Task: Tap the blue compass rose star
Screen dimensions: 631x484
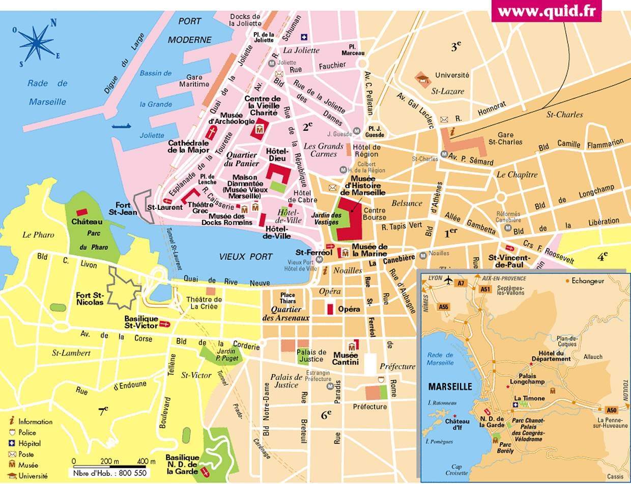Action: tap(37, 43)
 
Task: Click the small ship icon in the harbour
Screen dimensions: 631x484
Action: tap(122, 125)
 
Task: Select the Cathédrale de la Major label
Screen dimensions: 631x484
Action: tap(189, 146)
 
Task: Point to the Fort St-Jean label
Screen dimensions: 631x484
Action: tap(123, 208)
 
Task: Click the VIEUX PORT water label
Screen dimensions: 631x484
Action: tap(246, 257)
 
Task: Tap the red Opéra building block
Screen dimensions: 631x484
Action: tap(330, 309)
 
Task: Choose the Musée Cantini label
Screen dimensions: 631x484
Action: tap(346, 358)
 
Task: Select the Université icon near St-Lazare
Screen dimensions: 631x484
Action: tap(422, 78)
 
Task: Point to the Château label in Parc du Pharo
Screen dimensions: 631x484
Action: tap(87, 222)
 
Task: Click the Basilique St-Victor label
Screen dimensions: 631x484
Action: tap(141, 322)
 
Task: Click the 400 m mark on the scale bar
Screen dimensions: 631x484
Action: tap(146, 462)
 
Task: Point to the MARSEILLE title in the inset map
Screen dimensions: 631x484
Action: tap(450, 387)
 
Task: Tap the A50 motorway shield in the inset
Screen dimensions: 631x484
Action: tap(611, 410)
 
